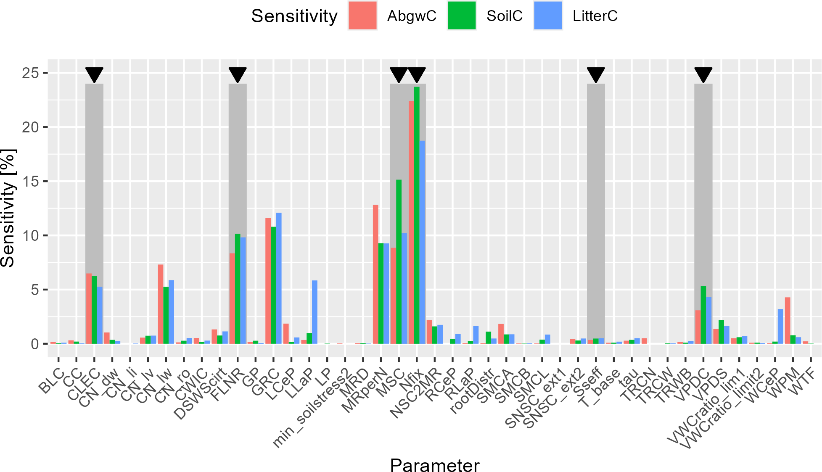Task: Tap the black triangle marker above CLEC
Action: point(94,74)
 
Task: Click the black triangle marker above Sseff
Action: point(596,74)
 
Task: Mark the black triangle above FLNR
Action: point(238,74)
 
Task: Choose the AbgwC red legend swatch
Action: point(362,16)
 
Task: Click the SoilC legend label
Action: point(504,16)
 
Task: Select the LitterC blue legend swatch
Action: point(548,16)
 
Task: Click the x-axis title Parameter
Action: point(434,465)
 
